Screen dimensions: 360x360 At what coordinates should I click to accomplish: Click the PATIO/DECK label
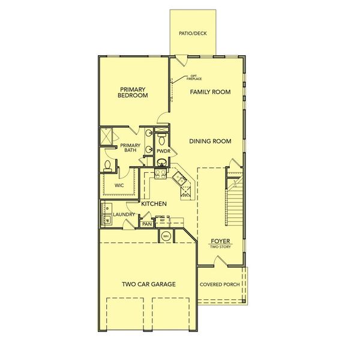(x=193, y=34)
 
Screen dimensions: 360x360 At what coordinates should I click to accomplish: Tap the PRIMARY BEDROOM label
(x=133, y=92)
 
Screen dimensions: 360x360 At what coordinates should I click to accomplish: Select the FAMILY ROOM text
(x=211, y=92)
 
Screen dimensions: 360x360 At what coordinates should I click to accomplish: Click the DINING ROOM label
(x=210, y=141)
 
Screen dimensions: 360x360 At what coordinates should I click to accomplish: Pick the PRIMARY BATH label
(x=130, y=148)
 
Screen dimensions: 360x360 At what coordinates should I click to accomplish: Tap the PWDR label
(x=164, y=151)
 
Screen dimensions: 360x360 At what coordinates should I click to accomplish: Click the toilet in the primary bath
(x=107, y=165)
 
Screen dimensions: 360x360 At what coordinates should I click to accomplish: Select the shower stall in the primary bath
(x=106, y=137)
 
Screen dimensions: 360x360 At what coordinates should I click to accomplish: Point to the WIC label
(x=119, y=185)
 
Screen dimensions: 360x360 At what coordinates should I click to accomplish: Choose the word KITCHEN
(x=154, y=204)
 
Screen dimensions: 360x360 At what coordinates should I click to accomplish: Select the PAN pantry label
(x=147, y=224)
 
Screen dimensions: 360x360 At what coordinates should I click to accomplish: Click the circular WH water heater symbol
(x=165, y=236)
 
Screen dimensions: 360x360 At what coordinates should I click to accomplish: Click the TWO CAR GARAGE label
(x=149, y=284)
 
